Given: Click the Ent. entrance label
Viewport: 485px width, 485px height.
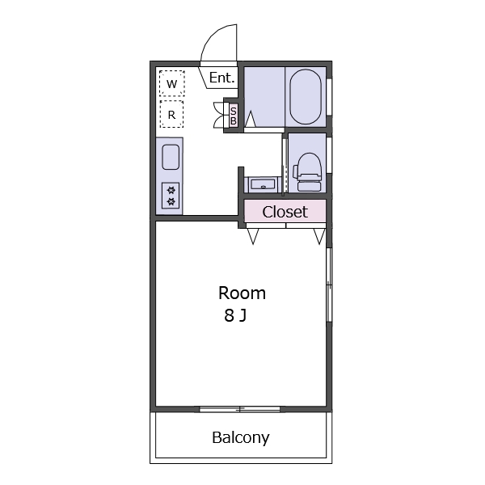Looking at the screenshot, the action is (221, 78).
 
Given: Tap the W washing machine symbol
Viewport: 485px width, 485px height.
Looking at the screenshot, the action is (172, 83).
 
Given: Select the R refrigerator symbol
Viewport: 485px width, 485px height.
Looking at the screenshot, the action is (171, 115).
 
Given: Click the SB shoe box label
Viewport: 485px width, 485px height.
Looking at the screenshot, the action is (234, 116).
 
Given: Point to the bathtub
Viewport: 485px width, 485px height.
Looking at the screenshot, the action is (306, 97).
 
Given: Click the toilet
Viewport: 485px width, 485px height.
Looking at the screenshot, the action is (308, 172).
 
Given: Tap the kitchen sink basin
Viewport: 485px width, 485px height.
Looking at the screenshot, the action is (171, 157).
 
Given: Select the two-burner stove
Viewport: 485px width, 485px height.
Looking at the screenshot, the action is (171, 196).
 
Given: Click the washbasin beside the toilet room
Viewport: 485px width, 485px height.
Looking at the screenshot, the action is (263, 185).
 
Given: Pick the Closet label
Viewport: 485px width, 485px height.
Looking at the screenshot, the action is (285, 212).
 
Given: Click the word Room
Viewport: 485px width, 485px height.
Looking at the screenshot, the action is (242, 293).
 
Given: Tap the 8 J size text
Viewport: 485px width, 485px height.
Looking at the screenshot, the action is (235, 316).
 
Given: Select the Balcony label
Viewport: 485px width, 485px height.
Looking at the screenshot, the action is (241, 437).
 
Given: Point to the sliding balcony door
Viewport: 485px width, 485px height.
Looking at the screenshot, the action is (240, 409).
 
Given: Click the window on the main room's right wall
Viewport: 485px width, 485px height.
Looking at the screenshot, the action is (330, 285).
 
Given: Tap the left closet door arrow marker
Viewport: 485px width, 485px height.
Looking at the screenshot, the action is (253, 237).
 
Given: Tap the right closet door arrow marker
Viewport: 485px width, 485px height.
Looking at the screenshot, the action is (319, 237).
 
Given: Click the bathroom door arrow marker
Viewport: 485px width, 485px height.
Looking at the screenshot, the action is (251, 119).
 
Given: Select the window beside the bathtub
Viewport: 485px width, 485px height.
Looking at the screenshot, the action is (330, 97).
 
